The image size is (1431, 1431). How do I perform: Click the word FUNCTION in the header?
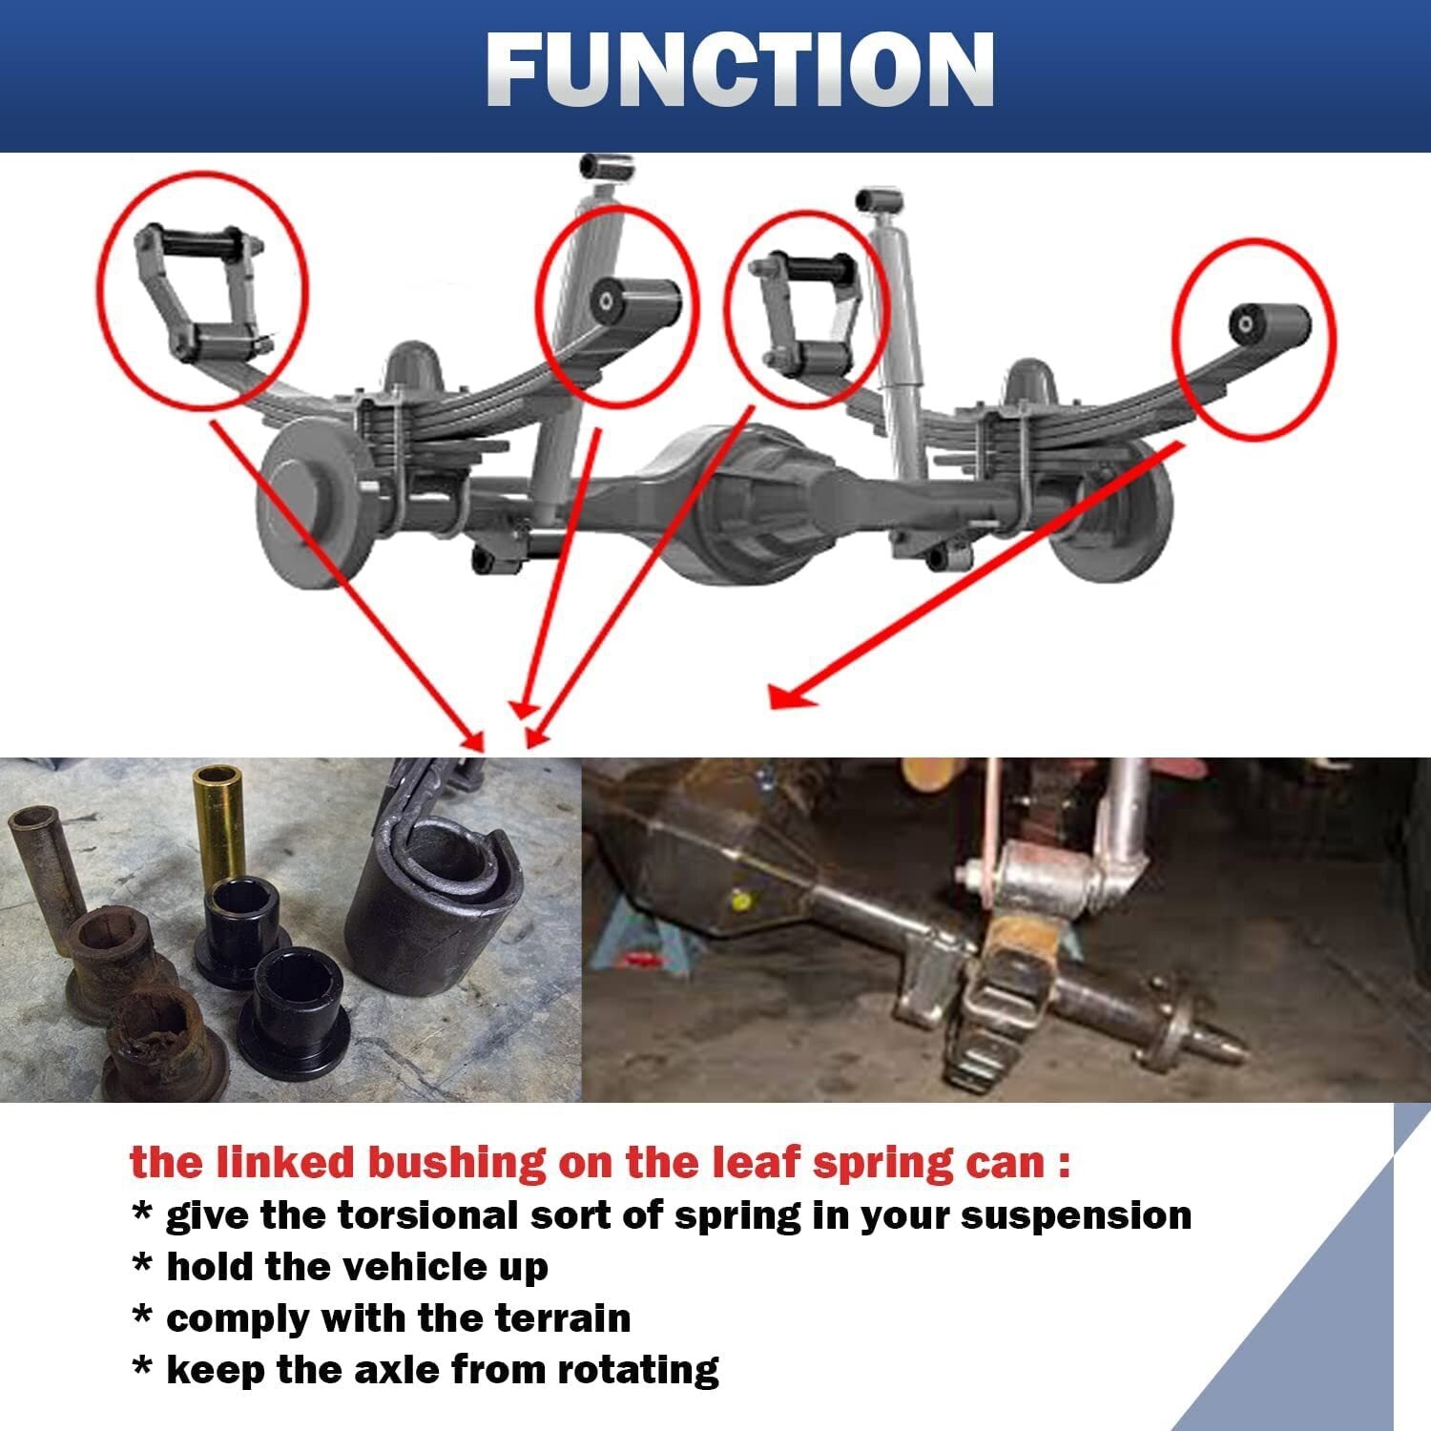click(740, 69)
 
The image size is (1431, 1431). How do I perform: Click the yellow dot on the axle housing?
click(736, 899)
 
